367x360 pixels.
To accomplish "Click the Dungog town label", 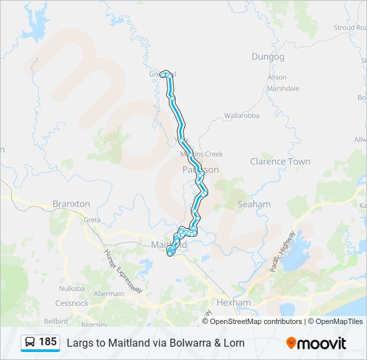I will (x=268, y=57).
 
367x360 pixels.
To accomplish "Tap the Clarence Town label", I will (x=280, y=161).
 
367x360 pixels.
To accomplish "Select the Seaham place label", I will (x=254, y=204).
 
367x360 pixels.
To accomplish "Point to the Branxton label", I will (x=71, y=204).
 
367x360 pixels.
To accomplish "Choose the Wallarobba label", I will (x=241, y=115).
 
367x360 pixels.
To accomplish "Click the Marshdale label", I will (x=284, y=88).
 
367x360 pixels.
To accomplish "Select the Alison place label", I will (x=277, y=77).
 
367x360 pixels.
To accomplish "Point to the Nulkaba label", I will (x=71, y=288).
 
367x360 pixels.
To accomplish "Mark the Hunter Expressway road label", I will (x=123, y=271).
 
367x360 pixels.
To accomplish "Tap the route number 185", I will (x=47, y=342).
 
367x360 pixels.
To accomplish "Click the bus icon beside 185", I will (x=30, y=343).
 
